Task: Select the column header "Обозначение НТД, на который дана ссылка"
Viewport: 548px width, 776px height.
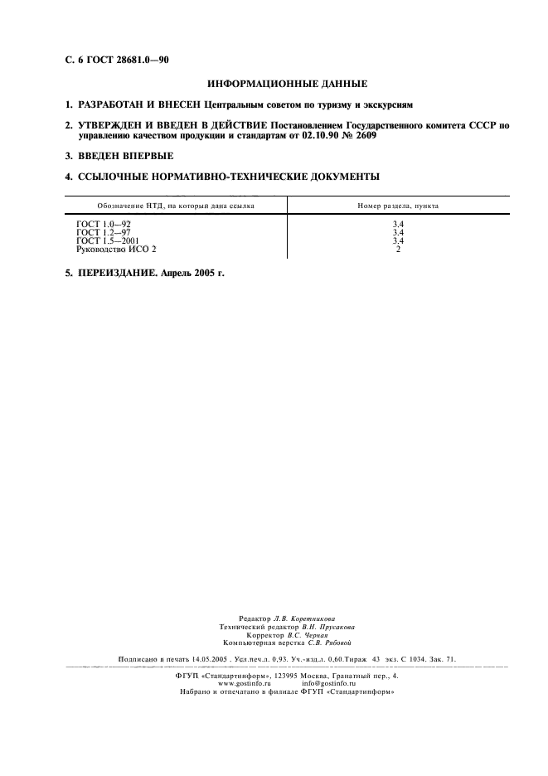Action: [x=176, y=204]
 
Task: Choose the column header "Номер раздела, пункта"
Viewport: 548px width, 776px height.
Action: [x=399, y=204]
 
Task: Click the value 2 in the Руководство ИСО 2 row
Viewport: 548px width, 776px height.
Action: [x=399, y=249]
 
